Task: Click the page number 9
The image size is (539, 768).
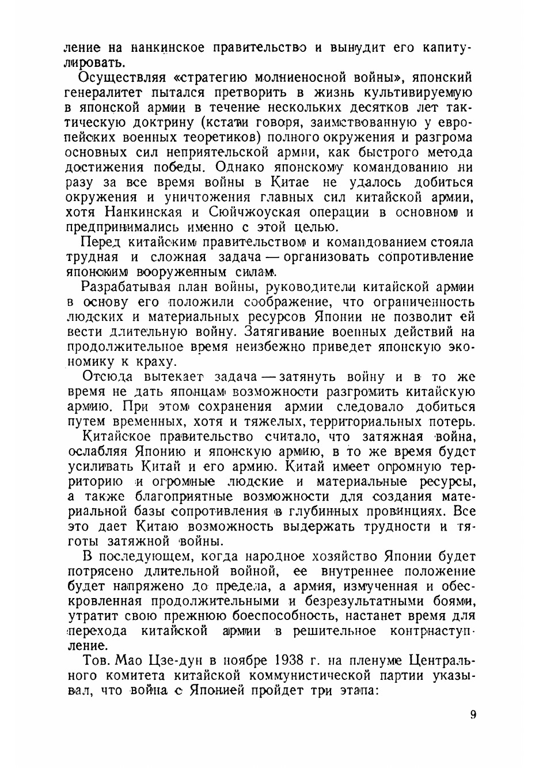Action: pyautogui.click(x=473, y=715)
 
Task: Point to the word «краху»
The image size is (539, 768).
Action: pyautogui.click(x=155, y=362)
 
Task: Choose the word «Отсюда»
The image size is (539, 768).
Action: pyautogui.click(x=108, y=377)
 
